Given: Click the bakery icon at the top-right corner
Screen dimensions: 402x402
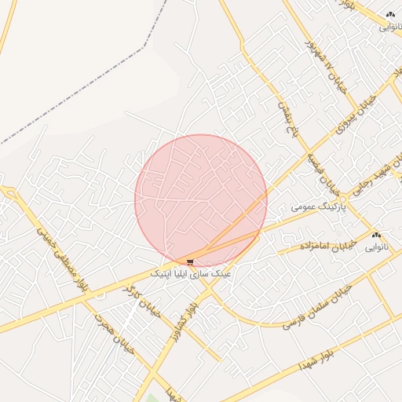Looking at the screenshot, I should [391, 14].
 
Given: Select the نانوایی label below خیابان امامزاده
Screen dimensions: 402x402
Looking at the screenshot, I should [375, 247].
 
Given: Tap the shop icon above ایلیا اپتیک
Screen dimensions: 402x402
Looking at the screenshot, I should [190, 262].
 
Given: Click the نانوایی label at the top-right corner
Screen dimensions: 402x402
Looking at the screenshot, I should [390, 26].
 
